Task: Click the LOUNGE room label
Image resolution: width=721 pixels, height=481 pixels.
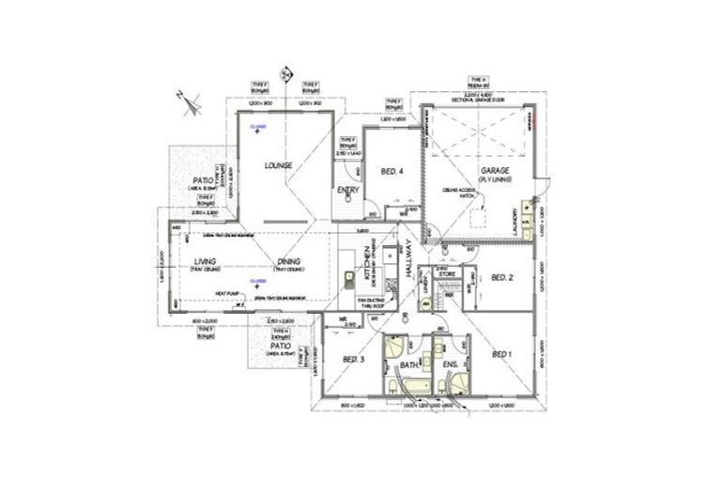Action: (x=279, y=165)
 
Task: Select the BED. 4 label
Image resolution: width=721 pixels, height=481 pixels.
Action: (x=392, y=172)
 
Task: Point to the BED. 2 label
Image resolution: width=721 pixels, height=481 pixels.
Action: (x=502, y=278)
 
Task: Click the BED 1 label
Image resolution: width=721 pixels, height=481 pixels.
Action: (x=502, y=353)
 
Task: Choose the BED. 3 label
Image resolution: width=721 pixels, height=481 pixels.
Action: (x=353, y=360)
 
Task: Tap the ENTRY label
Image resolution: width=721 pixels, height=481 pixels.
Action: (x=347, y=191)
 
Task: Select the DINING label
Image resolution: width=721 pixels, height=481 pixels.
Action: (x=288, y=262)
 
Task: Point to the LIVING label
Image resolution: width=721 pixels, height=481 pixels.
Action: (x=206, y=262)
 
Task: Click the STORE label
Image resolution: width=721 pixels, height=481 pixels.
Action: (x=447, y=274)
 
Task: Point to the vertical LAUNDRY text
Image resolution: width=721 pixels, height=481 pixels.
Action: (x=515, y=222)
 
